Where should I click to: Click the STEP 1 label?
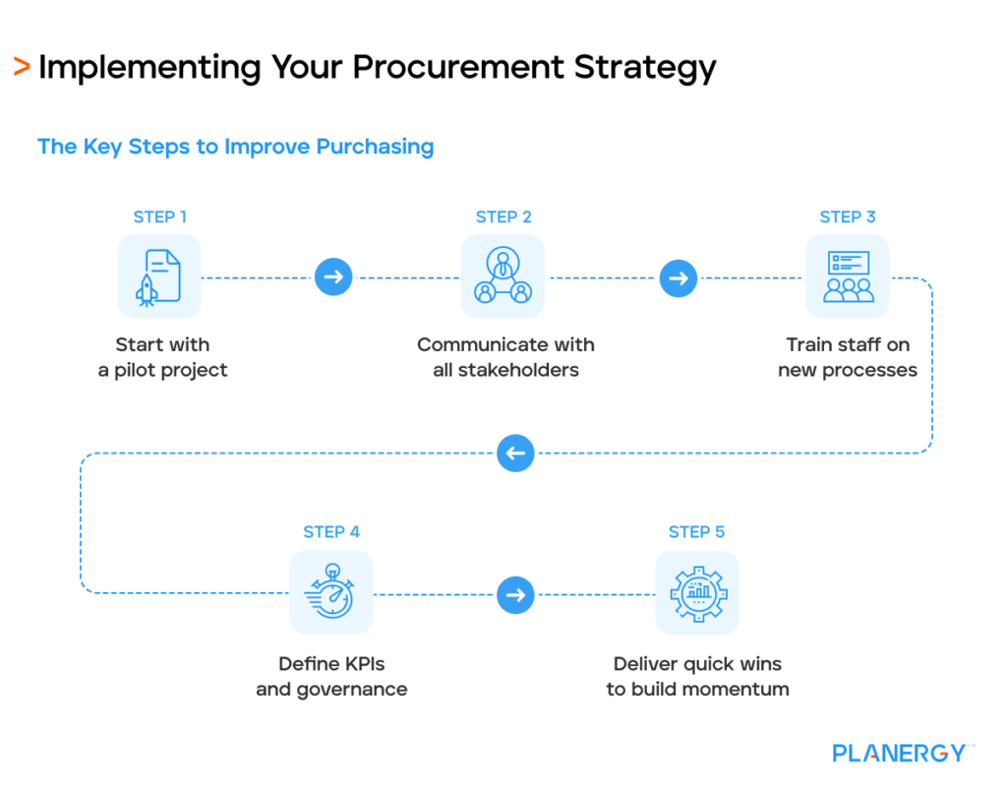(159, 216)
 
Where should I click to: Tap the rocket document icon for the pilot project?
(159, 276)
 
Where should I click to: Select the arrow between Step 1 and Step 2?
(333, 277)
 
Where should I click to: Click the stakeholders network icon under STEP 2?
(503, 276)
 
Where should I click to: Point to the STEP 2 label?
(503, 216)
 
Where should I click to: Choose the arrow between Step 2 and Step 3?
(678, 277)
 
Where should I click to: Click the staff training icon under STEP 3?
(848, 276)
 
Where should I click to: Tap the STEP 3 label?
(848, 216)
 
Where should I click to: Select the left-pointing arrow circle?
(515, 454)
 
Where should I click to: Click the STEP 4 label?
(331, 532)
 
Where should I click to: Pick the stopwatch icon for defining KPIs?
(331, 592)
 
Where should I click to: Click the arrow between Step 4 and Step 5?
(515, 594)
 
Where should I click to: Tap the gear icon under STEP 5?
(697, 592)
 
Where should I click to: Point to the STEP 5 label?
(696, 532)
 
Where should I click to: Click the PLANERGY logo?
(900, 753)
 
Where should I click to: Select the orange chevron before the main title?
(21, 67)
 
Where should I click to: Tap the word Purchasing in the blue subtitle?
(375, 147)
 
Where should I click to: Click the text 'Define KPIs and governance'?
(331, 676)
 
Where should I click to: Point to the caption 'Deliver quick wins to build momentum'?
(697, 676)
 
